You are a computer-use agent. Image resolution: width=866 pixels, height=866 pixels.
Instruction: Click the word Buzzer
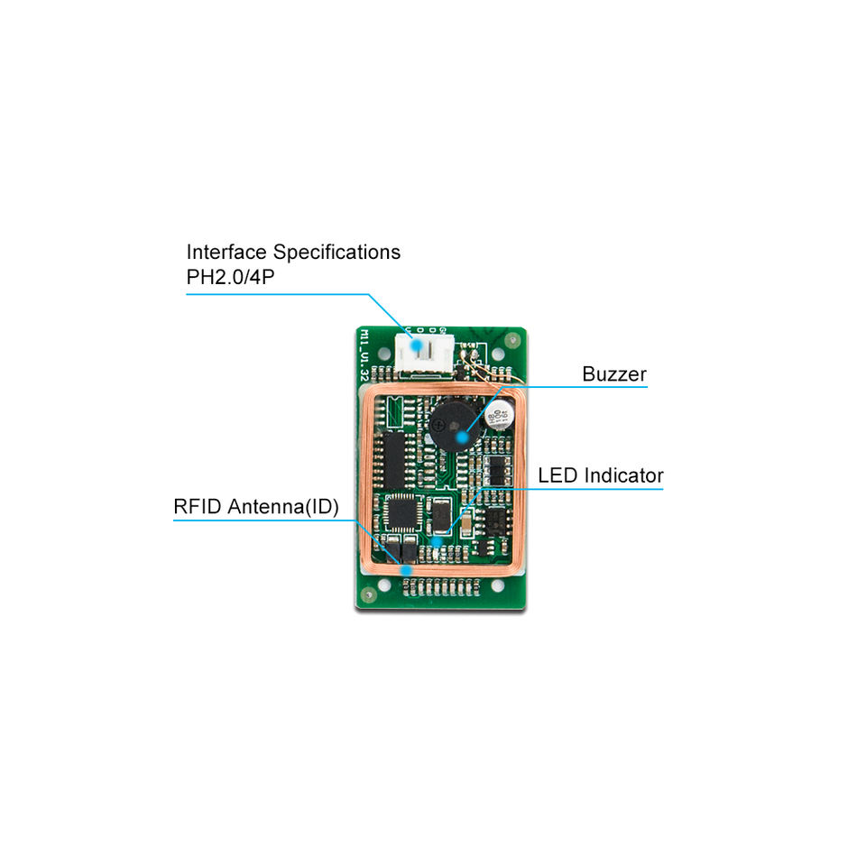tap(613, 373)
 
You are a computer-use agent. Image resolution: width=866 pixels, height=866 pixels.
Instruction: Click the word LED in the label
tap(558, 474)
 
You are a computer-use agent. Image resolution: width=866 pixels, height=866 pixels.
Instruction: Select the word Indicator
tap(623, 474)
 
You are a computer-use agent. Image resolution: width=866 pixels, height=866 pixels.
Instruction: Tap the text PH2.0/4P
tap(230, 276)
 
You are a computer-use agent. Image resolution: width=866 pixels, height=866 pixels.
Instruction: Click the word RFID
tap(198, 507)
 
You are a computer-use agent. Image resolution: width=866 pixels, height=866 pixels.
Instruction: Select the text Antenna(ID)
tap(283, 507)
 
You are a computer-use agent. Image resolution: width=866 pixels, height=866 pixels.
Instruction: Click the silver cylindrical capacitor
tap(499, 415)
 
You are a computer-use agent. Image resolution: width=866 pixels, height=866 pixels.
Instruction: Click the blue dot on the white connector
tap(417, 344)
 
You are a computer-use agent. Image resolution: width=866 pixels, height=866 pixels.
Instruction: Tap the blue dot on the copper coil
tap(407, 569)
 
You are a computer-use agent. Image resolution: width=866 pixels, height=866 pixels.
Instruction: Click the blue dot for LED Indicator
tap(438, 540)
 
